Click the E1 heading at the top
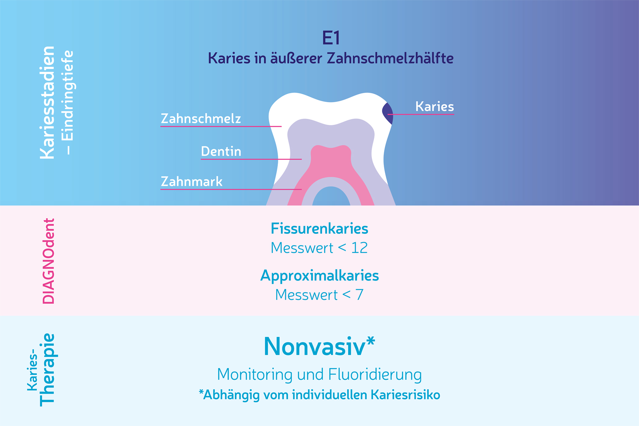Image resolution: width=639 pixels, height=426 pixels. tap(331, 38)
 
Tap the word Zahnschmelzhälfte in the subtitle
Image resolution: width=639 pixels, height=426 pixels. tap(390, 58)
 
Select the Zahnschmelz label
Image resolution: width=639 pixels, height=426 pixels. tap(201, 118)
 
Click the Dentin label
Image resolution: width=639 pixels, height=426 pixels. tap(221, 151)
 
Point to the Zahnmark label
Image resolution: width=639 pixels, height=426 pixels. tap(191, 181)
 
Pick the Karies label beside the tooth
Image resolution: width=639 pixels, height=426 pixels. tap(434, 106)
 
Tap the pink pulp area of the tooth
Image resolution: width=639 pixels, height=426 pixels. tap(331, 166)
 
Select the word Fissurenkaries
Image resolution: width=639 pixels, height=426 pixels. tap(319, 229)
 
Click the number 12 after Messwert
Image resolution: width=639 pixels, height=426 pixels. tap(359, 248)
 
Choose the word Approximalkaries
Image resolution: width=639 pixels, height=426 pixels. tap(319, 276)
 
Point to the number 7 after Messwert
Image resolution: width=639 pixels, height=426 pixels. tap(359, 295)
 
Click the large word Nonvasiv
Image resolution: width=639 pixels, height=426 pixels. tap(315, 346)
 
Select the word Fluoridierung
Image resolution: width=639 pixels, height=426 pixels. tap(375, 374)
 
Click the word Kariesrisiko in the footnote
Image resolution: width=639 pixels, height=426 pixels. tap(405, 395)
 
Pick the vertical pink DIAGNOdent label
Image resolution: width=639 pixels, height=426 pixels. tap(49, 261)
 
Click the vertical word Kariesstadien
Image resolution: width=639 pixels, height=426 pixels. tap(47, 103)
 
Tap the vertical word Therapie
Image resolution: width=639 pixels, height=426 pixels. tap(47, 370)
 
